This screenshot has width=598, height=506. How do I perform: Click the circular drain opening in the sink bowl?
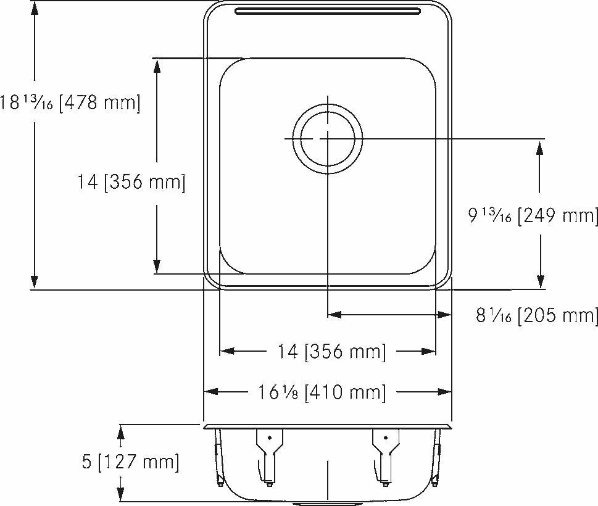click(x=327, y=139)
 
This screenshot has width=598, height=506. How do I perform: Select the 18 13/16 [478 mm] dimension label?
click(x=70, y=102)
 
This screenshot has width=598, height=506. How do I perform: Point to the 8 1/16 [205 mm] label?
click(x=536, y=315)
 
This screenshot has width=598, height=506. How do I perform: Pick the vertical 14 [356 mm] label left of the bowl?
click(x=131, y=182)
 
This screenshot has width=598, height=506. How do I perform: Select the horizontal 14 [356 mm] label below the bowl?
click(x=332, y=352)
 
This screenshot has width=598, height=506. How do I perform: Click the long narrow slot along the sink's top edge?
click(x=327, y=10)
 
